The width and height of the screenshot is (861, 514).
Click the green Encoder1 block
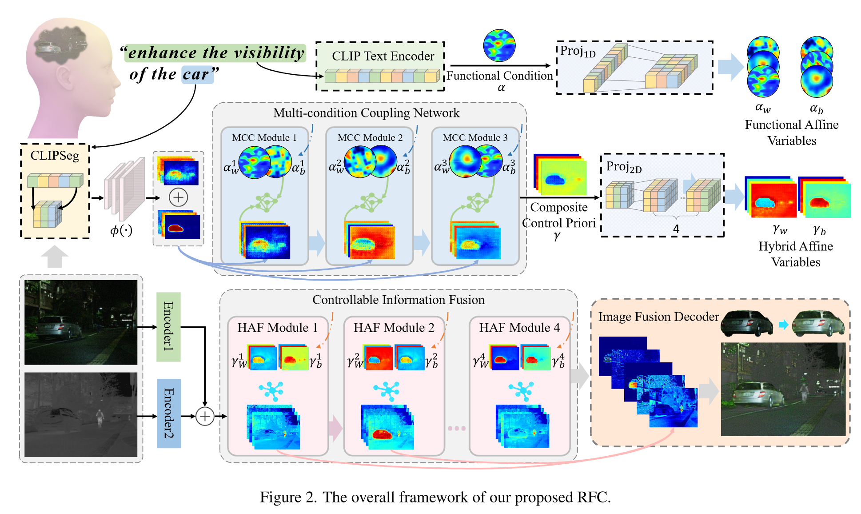pos(168,326)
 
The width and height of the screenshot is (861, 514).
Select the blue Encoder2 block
pos(168,413)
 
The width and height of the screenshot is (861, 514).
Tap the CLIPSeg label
pos(55,156)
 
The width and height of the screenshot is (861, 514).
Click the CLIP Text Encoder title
pos(383,56)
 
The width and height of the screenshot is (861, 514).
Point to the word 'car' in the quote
pos(196,74)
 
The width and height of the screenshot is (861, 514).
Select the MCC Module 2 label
pos(370,138)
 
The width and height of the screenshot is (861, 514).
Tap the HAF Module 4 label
pos(519,328)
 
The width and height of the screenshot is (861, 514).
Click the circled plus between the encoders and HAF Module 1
pos(205,416)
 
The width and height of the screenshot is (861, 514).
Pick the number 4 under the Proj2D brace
pos(676,229)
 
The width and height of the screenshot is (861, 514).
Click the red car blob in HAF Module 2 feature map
pos(382,434)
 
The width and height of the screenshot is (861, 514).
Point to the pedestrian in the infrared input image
pos(100,417)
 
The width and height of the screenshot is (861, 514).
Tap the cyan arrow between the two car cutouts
pos(783,325)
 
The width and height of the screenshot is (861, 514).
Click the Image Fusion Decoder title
pos(658,317)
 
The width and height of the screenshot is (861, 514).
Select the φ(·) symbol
pos(121,230)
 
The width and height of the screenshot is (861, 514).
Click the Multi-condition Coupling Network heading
pos(366,113)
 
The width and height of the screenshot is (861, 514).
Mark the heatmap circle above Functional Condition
pos(499,45)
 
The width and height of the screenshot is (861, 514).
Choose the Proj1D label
pos(578,51)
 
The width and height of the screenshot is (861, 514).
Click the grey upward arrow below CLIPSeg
pos(55,257)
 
